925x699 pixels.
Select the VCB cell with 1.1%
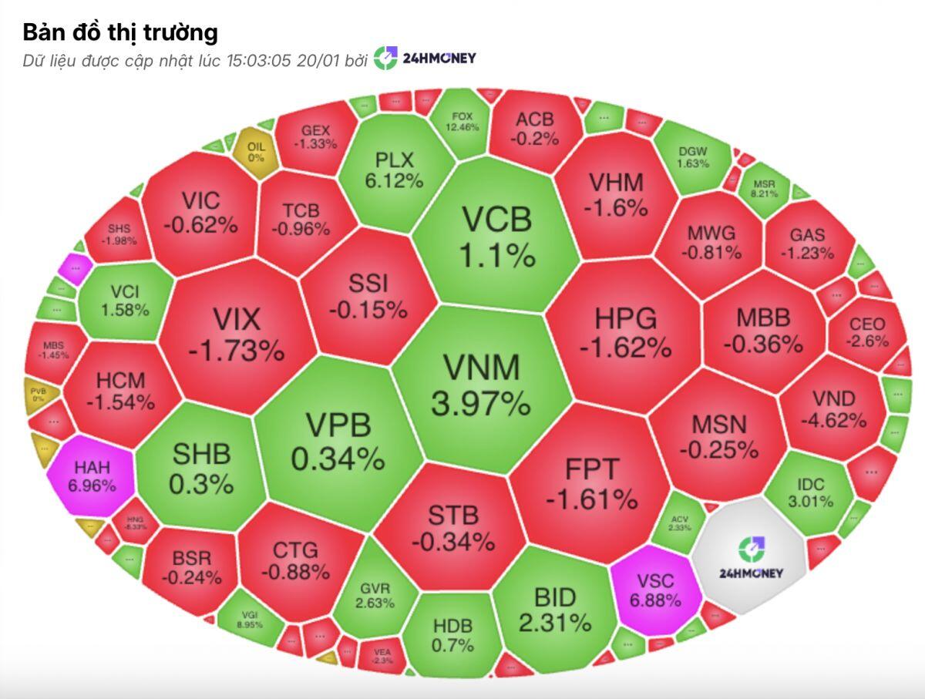point(496,235)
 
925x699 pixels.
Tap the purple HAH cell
point(94,476)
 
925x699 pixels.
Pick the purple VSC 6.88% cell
point(655,590)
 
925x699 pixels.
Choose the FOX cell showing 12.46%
point(462,122)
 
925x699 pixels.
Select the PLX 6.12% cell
point(395,170)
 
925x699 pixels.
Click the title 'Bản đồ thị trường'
point(119,32)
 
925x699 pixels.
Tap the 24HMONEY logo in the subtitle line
point(425,59)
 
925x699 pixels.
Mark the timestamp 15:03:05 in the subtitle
point(258,60)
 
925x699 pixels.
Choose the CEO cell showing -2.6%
point(867,333)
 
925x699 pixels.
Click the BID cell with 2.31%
point(555,609)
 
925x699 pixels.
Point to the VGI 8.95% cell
point(249,619)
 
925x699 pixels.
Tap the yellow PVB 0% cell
point(37,395)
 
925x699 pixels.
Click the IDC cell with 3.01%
point(810,492)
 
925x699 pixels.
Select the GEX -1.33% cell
point(315,137)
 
